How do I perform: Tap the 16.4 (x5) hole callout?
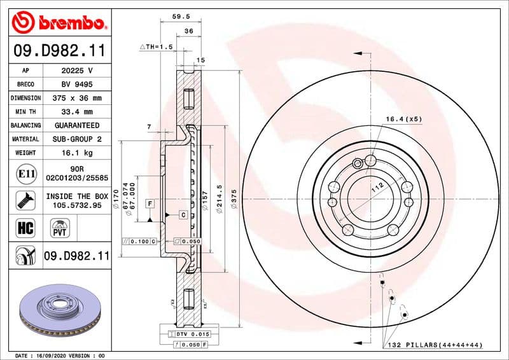point(403,119)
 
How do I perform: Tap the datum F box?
point(150,204)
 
